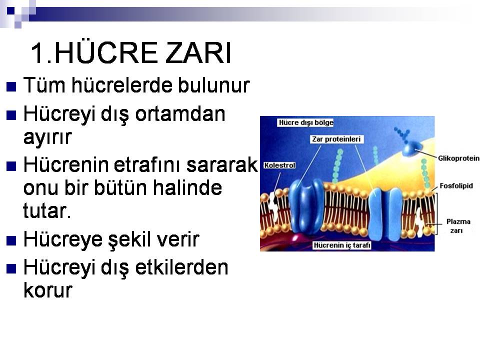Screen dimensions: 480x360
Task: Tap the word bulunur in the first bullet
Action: pos(213,85)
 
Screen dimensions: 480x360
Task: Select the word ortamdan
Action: pos(180,114)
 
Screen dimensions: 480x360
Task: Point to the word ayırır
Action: pos(47,138)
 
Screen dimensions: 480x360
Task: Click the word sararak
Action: pos(222,164)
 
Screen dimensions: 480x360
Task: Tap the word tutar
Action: pos(47,210)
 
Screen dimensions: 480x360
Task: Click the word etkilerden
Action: pos(181,267)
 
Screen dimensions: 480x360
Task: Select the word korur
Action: pos(48,290)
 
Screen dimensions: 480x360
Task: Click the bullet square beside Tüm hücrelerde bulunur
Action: pos(11,87)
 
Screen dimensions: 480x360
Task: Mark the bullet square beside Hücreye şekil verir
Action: pos(11,241)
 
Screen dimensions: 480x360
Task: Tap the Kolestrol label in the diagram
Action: pos(279,165)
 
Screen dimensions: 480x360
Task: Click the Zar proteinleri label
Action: pos(336,139)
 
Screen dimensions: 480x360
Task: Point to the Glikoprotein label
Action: pos(458,158)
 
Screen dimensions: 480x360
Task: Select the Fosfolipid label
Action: pos(456,186)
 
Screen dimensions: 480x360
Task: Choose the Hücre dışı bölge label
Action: pos(306,122)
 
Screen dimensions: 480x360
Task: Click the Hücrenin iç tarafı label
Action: pos(342,245)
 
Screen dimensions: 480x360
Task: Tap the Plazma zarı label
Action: pos(458,226)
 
